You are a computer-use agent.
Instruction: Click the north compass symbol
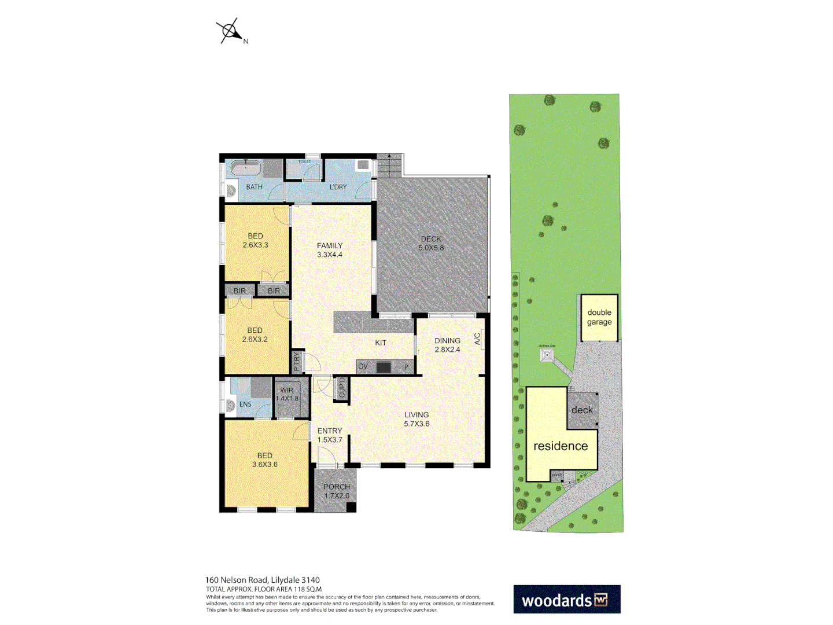pyautogui.click(x=230, y=31)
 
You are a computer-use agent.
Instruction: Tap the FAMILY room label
pyautogui.click(x=330, y=250)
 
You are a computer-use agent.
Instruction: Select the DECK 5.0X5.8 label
pyautogui.click(x=431, y=243)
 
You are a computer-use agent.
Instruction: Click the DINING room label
pyautogui.click(x=447, y=345)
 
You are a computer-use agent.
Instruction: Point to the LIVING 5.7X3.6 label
pyautogui.click(x=417, y=419)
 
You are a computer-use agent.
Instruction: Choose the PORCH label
pyautogui.click(x=337, y=491)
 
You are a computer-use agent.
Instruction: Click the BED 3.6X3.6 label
pyautogui.click(x=265, y=460)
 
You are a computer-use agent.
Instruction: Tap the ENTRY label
pyautogui.click(x=330, y=435)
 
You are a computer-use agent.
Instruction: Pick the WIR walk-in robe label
pyautogui.click(x=287, y=394)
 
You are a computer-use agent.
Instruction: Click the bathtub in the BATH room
pyautogui.click(x=245, y=168)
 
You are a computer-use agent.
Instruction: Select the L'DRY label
pyautogui.click(x=338, y=187)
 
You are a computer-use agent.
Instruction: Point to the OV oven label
pyautogui.click(x=363, y=366)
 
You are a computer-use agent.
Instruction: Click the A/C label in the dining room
pyautogui.click(x=478, y=339)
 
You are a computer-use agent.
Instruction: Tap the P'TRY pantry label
pyautogui.click(x=297, y=362)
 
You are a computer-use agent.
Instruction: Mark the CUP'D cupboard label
pyautogui.click(x=342, y=388)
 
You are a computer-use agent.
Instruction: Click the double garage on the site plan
pyautogui.click(x=599, y=317)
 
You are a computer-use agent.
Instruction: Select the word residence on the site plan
pyautogui.click(x=561, y=446)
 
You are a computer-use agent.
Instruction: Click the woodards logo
pyautogui.click(x=566, y=600)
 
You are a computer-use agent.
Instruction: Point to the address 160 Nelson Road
pyautogui.click(x=262, y=580)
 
